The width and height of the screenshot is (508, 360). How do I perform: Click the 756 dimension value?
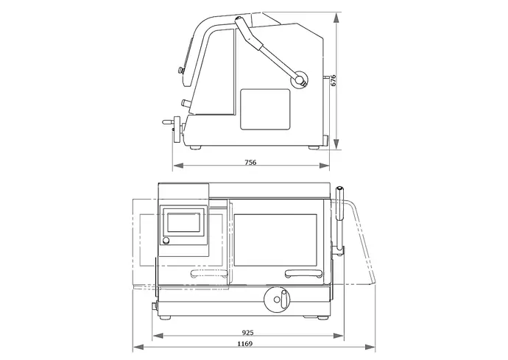point(250,162)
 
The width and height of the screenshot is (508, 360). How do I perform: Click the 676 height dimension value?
point(334,80)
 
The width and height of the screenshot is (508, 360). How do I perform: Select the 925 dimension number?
point(248,333)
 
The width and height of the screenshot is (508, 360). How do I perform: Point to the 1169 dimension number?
point(245,344)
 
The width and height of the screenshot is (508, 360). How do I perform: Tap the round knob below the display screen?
point(166,241)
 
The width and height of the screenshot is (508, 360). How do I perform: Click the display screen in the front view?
point(184,222)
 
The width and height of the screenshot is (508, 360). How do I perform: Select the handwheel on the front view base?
point(277,300)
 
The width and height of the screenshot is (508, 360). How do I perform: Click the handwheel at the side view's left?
point(177,130)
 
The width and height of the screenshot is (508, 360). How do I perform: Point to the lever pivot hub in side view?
point(299,79)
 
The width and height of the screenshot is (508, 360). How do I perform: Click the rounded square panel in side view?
point(265,110)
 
